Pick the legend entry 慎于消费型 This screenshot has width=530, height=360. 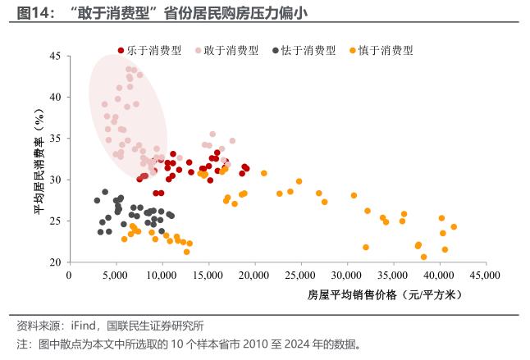click(383, 50)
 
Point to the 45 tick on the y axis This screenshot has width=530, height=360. click(55, 56)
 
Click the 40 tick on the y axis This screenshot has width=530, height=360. click(55, 97)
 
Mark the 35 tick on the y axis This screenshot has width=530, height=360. click(55, 139)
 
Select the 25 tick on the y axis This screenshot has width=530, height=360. click(55, 221)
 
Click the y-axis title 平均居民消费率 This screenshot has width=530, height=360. click(38, 164)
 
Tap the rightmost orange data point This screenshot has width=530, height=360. click(454, 227)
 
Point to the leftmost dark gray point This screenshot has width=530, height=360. click(97, 200)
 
